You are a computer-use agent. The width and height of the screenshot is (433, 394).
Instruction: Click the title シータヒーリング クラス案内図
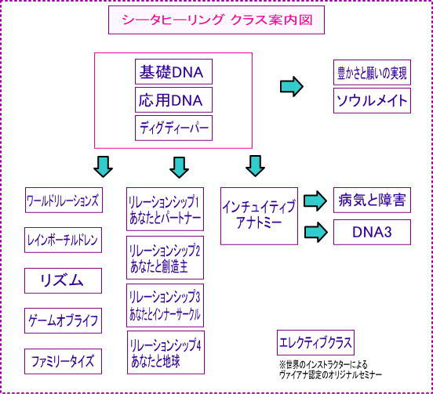click(216, 20)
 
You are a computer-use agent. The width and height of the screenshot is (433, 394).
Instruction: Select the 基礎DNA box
click(173, 72)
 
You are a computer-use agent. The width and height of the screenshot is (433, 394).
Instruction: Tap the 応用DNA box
click(173, 99)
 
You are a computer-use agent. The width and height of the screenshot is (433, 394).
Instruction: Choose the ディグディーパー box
click(173, 128)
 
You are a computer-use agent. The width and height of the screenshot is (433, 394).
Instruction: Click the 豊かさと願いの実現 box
click(372, 73)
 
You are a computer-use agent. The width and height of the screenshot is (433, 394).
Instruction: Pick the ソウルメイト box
click(372, 100)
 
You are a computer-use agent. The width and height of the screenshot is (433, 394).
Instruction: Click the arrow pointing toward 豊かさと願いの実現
click(292, 87)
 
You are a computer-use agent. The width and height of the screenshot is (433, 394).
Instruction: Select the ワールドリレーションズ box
click(64, 201)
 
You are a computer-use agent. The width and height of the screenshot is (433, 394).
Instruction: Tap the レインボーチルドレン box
click(64, 240)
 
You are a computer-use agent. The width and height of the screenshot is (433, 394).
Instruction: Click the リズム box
click(64, 280)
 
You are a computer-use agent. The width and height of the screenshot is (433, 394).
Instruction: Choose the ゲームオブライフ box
click(64, 320)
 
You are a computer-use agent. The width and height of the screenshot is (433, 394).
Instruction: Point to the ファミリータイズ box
click(64, 361)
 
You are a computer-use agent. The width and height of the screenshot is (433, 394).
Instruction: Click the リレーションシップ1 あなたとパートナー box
click(166, 209)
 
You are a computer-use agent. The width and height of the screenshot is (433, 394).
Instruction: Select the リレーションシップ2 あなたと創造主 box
click(166, 258)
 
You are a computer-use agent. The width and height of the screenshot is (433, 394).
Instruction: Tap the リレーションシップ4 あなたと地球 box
click(166, 352)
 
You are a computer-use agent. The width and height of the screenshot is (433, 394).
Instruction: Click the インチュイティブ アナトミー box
click(259, 216)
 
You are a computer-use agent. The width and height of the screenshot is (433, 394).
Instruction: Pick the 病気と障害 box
click(372, 201)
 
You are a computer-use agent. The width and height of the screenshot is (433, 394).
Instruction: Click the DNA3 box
click(372, 232)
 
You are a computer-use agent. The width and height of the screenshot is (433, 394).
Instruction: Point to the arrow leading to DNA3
click(316, 232)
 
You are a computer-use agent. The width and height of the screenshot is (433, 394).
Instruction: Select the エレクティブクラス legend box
click(315, 343)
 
